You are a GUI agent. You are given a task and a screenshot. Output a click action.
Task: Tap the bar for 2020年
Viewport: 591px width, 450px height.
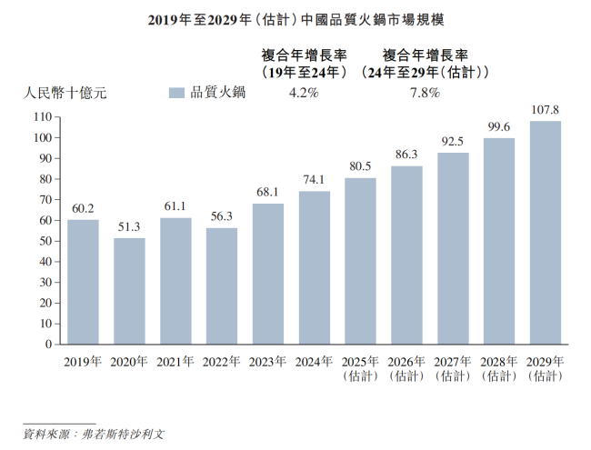(129, 291)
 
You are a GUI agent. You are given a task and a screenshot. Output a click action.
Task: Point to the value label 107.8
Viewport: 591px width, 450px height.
(546, 110)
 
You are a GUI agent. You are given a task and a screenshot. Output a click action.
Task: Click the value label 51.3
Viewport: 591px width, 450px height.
(129, 227)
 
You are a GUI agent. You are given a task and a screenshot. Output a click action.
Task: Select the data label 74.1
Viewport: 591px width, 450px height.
(315, 180)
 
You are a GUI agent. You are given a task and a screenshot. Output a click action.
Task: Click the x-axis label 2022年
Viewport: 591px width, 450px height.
(222, 362)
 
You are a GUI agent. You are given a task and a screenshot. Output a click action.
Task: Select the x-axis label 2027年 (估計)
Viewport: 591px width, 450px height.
(453, 368)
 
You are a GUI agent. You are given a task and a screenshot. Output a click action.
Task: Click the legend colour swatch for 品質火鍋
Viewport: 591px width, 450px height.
(176, 92)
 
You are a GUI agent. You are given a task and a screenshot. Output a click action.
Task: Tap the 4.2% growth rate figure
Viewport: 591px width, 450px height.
(303, 92)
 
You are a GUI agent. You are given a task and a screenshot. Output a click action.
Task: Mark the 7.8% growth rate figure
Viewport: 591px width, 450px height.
(424, 92)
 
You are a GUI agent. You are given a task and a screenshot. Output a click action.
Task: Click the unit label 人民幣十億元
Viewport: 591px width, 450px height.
(65, 92)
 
